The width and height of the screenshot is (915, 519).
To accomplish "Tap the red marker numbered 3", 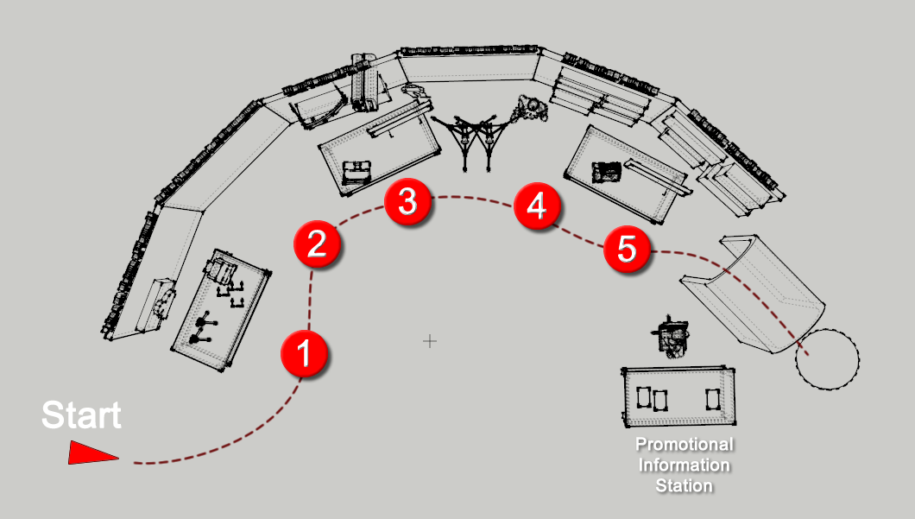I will [x=407, y=202].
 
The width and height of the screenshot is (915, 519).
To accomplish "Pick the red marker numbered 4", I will [x=536, y=207].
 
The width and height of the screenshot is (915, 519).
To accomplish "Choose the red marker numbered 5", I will [x=627, y=250].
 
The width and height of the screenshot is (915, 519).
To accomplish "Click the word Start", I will [x=82, y=415].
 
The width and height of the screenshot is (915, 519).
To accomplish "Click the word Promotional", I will [x=685, y=446].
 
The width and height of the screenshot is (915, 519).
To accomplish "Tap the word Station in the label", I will [x=685, y=486].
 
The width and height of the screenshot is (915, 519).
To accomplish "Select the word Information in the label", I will [x=685, y=465].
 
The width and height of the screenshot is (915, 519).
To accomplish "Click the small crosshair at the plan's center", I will [x=429, y=341].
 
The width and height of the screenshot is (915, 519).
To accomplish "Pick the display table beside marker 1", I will [x=221, y=311].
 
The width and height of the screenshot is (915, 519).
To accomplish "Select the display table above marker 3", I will [x=378, y=147].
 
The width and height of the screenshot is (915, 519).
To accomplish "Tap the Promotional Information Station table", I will [x=679, y=397].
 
